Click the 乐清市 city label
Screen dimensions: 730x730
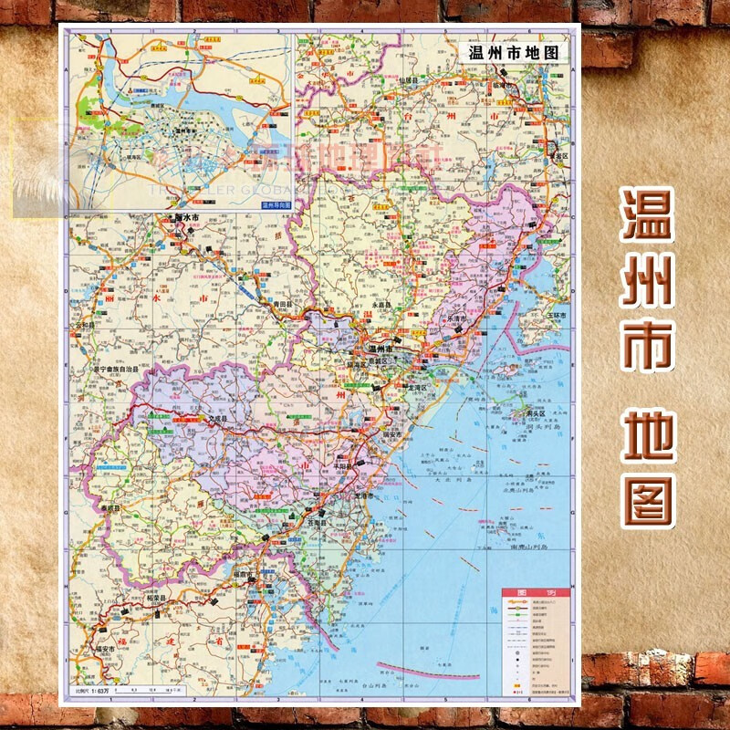click(x=456, y=318)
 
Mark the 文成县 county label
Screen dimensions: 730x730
click(x=219, y=421)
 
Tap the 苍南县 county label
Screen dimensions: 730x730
click(x=318, y=525)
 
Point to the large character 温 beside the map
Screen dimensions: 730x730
click(x=648, y=215)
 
